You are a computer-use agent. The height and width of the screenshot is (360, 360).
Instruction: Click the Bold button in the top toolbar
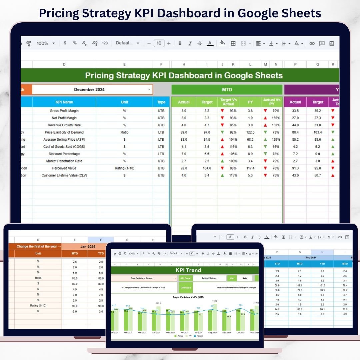pyautogui.click(x=180, y=43)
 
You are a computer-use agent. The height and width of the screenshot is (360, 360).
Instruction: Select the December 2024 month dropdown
pyautogui.click(x=92, y=89)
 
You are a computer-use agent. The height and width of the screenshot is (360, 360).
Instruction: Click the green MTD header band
pyautogui.click(x=227, y=89)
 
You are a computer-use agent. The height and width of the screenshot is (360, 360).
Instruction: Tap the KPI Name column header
pyautogui.click(x=64, y=102)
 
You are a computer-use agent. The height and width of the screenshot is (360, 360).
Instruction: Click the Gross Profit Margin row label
pyautogui.click(x=64, y=111)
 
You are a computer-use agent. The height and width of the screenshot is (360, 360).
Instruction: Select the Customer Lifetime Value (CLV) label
pyautogui.click(x=64, y=175)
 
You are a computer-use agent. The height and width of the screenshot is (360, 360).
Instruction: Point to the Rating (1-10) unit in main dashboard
pyautogui.click(x=124, y=168)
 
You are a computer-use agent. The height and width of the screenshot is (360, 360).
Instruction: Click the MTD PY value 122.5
pyautogui.click(x=250, y=132)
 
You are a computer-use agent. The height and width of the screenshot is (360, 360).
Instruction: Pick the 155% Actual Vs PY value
pyautogui.click(x=276, y=118)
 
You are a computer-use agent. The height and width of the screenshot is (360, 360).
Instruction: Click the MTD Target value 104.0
pyautogui.click(x=207, y=168)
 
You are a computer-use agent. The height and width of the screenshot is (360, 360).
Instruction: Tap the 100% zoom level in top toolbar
pyautogui.click(x=43, y=43)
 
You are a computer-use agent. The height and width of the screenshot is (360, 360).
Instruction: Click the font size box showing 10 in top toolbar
pyautogui.click(x=159, y=43)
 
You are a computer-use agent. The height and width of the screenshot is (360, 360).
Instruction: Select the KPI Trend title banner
pyautogui.click(x=188, y=270)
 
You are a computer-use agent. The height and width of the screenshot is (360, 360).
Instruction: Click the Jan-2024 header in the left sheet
pyautogui.click(x=88, y=247)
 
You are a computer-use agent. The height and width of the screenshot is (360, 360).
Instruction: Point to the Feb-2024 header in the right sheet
pyautogui.click(x=311, y=257)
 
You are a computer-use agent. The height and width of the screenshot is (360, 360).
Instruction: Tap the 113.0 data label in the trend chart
pyautogui.click(x=214, y=301)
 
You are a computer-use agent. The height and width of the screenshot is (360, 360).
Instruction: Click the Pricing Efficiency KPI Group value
pyautogui.click(x=210, y=278)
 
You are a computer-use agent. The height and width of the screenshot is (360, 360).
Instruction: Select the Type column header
pyautogui.click(x=161, y=102)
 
